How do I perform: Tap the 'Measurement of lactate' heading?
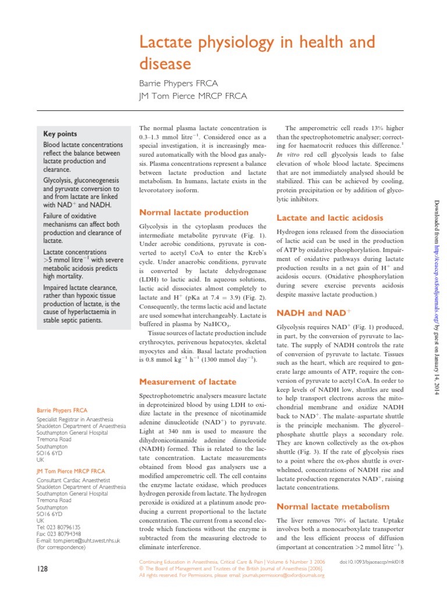tap(187, 382)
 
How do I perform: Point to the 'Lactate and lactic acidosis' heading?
tap(329, 218)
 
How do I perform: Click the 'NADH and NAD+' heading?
tap(314, 313)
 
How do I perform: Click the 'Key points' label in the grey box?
tap(60, 133)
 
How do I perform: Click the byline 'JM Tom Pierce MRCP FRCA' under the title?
tap(193, 96)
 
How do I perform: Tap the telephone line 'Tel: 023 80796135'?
tap(59, 527)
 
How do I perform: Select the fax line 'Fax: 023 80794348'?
tap(59, 533)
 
